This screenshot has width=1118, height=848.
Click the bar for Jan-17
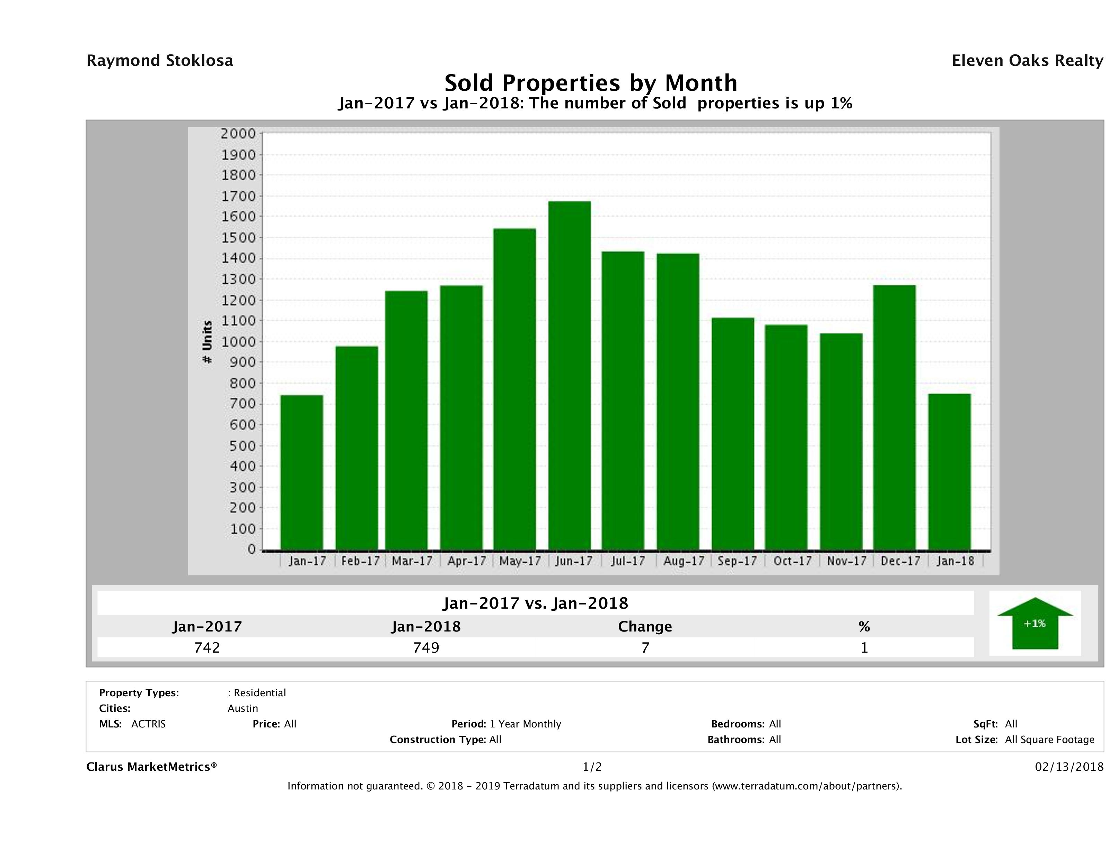pos(302,472)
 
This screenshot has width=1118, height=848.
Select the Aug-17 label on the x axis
pos(683,561)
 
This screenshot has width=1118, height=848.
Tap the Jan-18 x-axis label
pos(955,561)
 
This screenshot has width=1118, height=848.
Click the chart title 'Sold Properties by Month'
pos(590,82)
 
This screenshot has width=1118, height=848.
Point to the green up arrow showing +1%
pos(1035,623)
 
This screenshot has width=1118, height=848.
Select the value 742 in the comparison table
pos(207,647)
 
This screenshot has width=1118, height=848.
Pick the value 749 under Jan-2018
pos(426,647)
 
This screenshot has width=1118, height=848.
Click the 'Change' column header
pos(645,627)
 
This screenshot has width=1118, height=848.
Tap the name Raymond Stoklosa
pos(160,61)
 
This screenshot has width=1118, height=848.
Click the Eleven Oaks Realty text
pos(1027,61)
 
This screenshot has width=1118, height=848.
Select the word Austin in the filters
pos(243,708)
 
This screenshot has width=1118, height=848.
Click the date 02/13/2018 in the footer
pos(1069,767)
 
